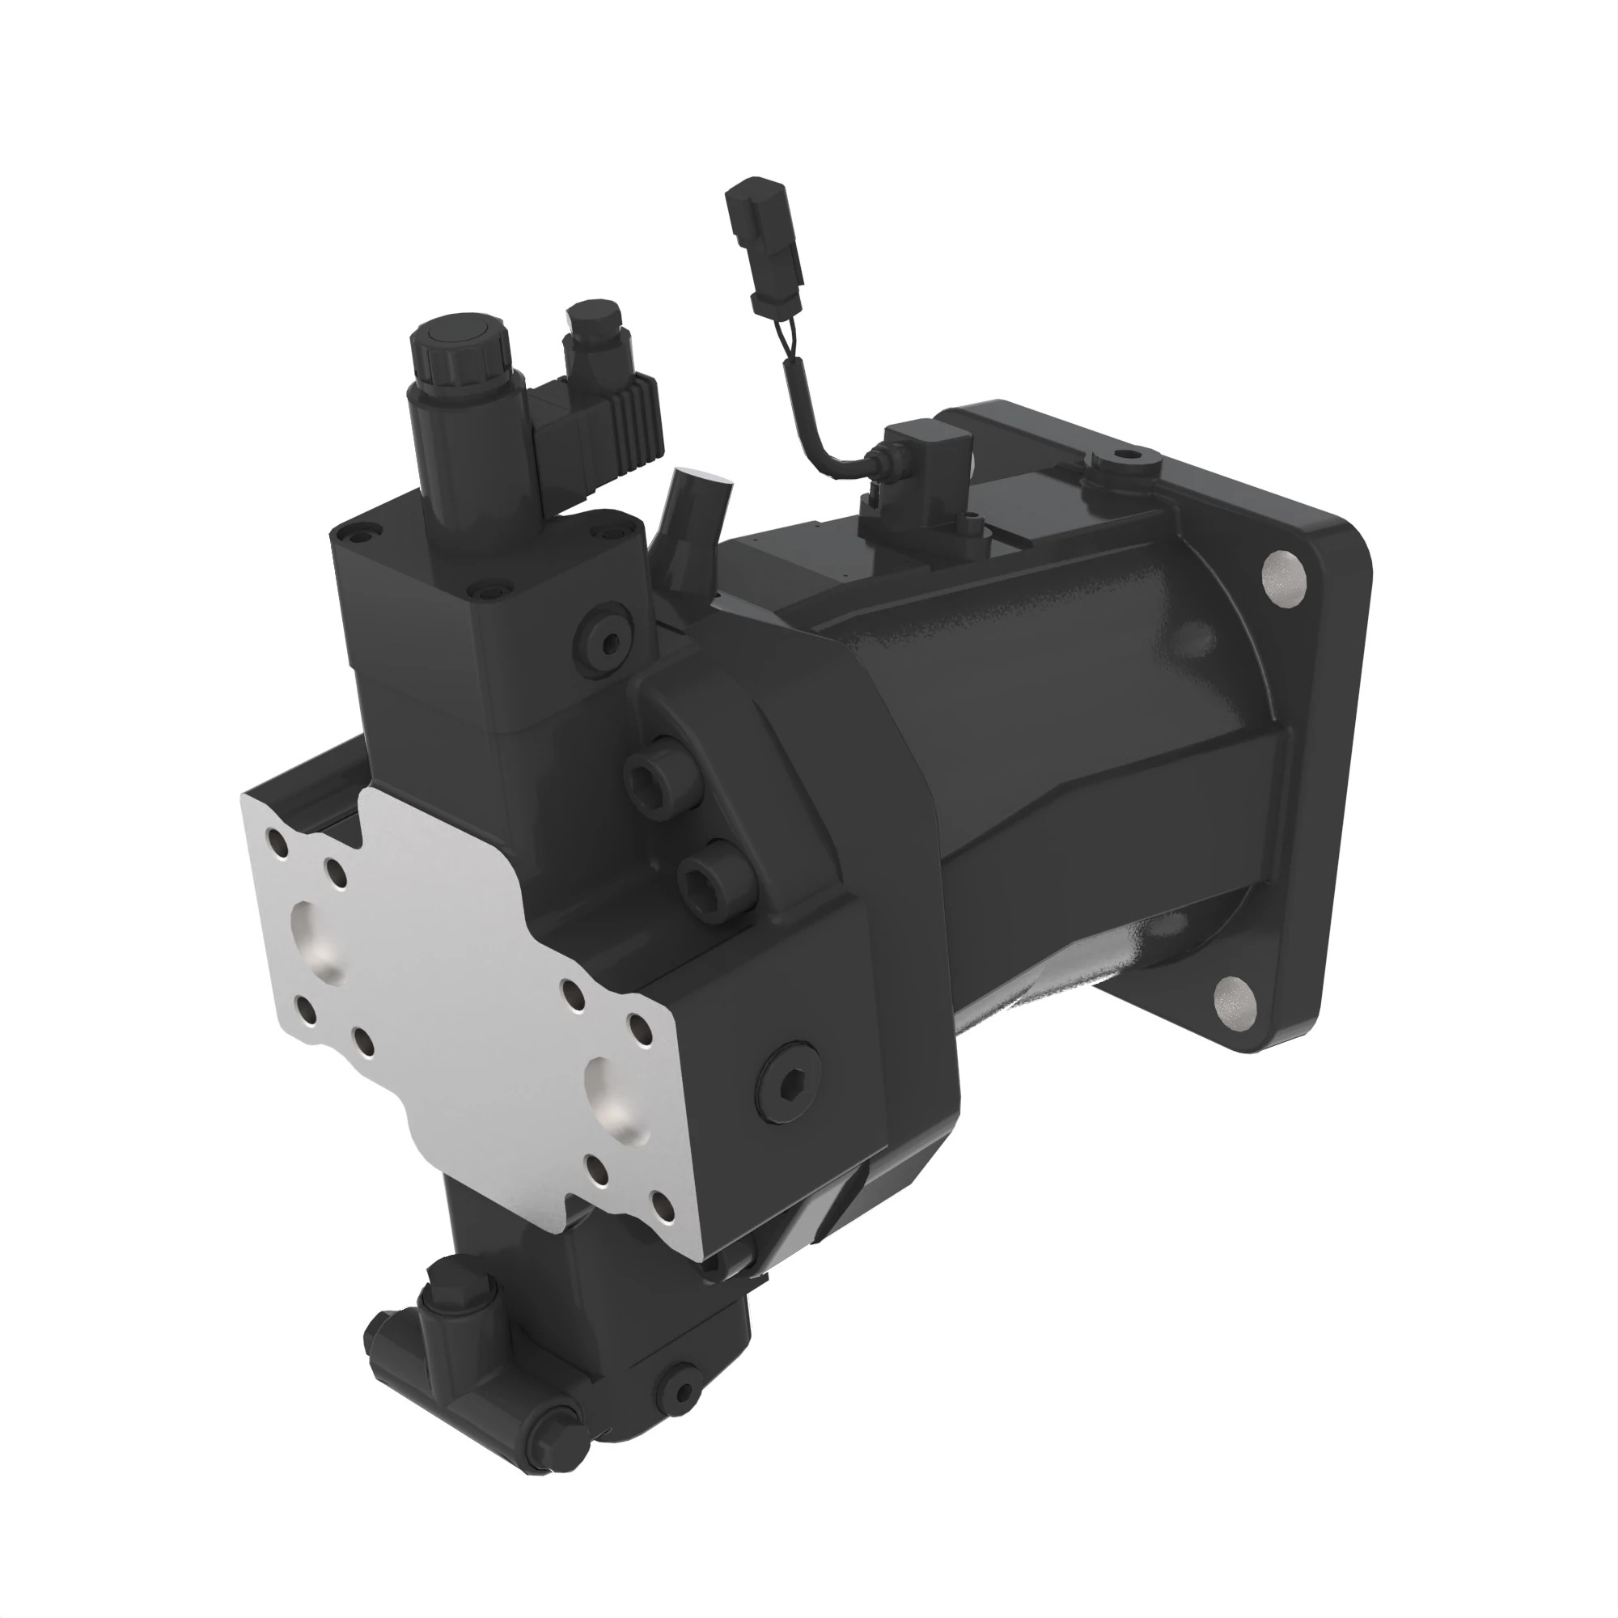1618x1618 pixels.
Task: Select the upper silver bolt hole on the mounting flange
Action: click(x=1284, y=577)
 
